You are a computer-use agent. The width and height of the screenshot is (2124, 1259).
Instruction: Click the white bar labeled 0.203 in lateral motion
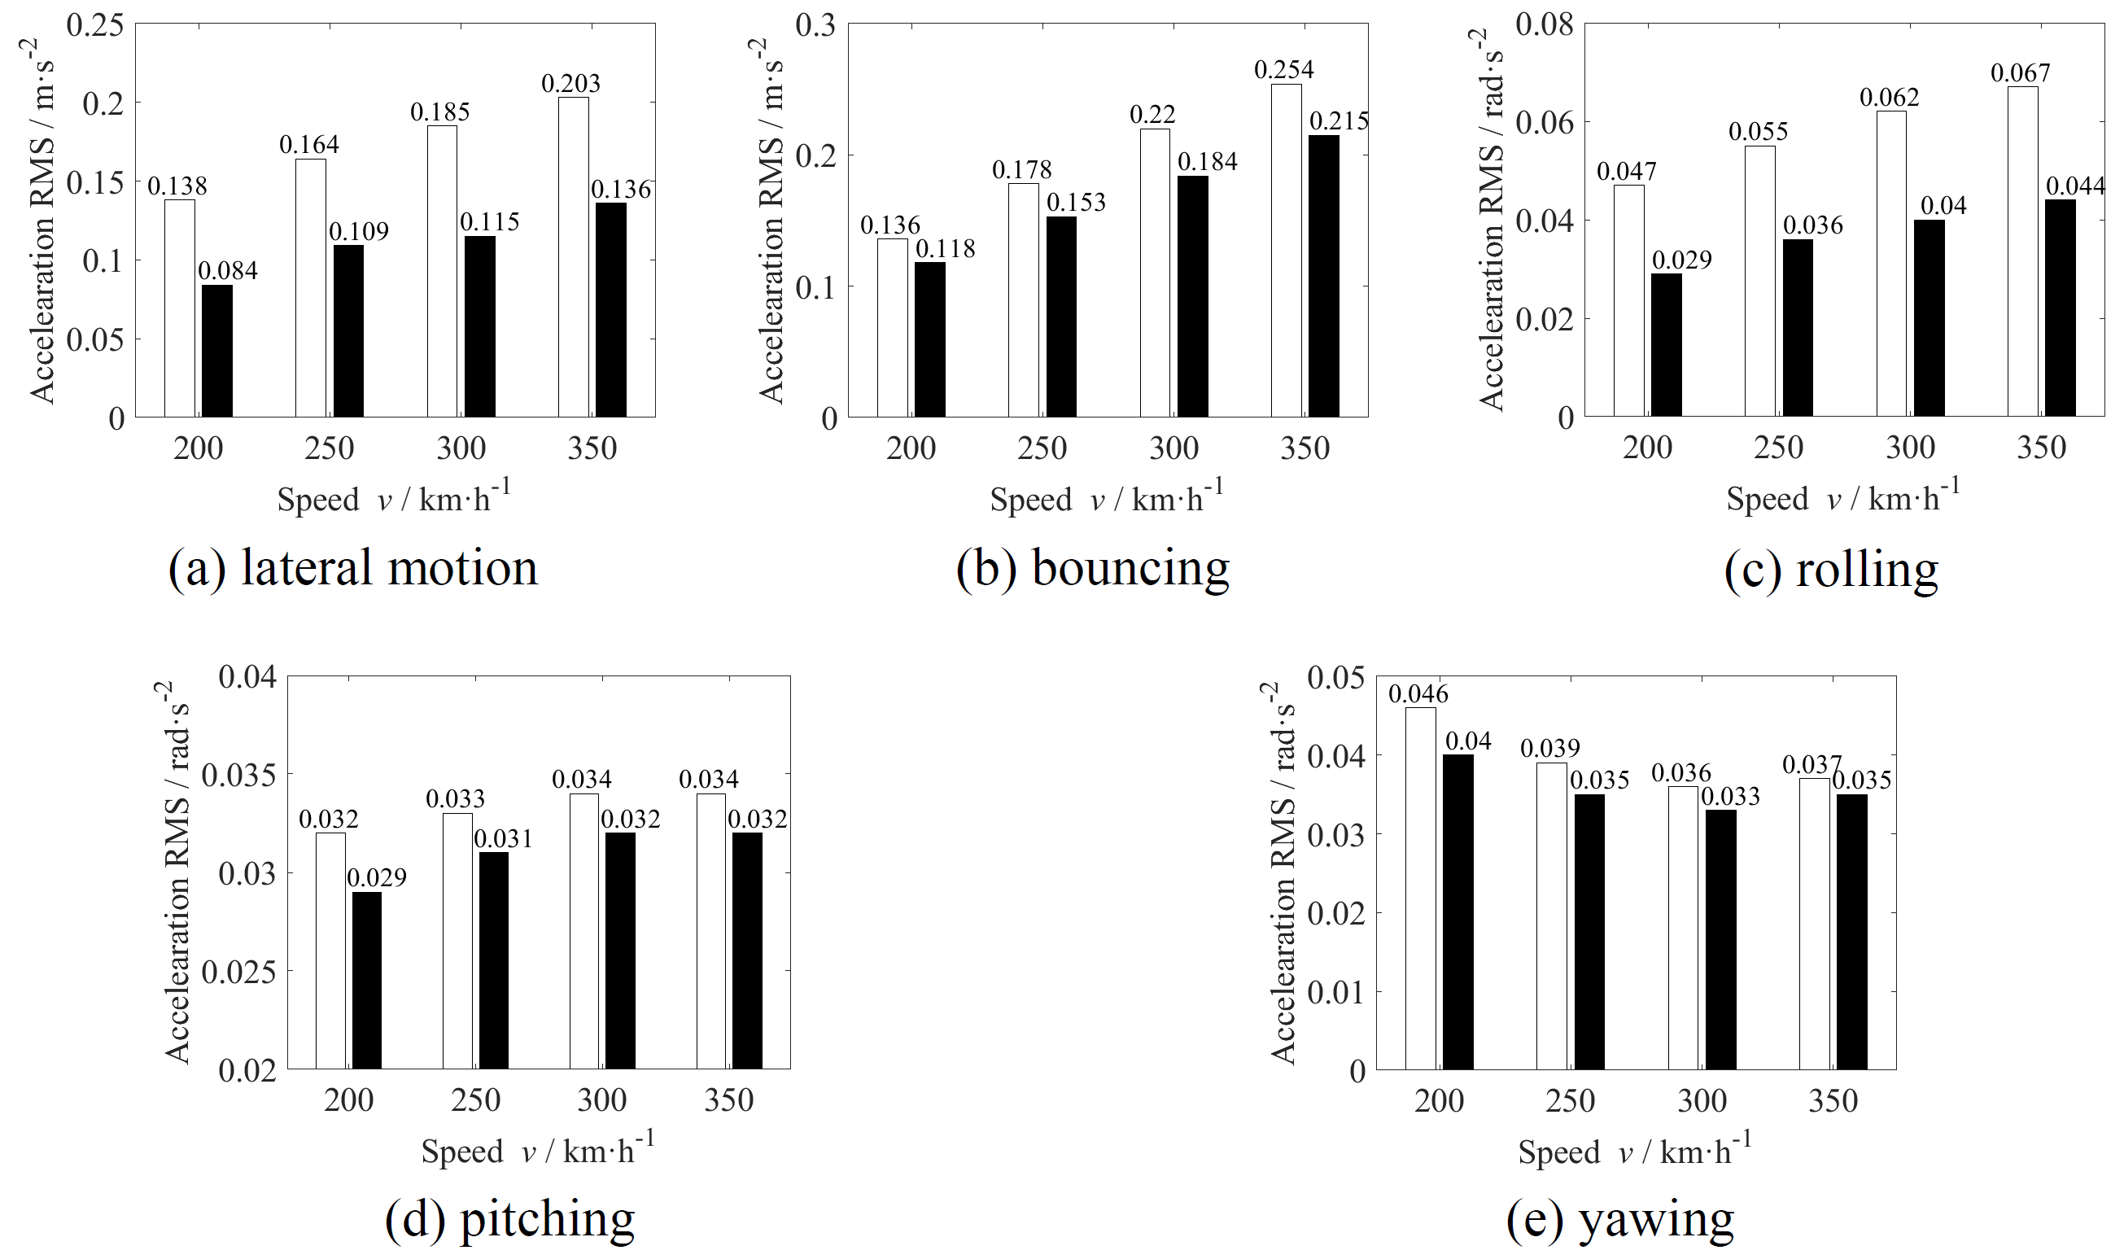[x=574, y=256]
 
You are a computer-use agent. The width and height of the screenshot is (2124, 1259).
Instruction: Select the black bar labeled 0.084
[x=217, y=351]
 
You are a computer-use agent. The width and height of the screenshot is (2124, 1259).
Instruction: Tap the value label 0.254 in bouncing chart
[x=1283, y=69]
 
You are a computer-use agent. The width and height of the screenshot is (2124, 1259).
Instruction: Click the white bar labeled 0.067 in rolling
[x=2022, y=251]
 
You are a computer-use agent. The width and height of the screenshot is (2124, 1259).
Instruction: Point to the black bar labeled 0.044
[x=2060, y=307]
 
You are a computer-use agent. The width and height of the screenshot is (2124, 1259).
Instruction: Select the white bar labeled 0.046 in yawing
[x=1420, y=887]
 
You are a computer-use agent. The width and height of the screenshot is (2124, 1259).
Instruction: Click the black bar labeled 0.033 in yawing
[x=1720, y=939]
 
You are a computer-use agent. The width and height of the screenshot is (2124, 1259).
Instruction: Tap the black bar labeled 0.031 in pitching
[x=494, y=960]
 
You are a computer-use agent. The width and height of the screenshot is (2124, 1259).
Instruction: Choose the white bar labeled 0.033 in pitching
[x=457, y=941]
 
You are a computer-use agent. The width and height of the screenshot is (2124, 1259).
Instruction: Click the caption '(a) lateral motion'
[x=353, y=567]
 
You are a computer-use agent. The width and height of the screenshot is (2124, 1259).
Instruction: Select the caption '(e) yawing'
[x=1619, y=1219]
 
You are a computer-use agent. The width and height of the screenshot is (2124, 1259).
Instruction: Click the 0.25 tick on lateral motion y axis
[x=95, y=25]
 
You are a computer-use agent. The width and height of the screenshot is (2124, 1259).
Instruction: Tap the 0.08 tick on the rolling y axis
[x=1544, y=25]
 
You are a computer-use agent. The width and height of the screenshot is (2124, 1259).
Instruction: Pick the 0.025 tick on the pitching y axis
[x=238, y=972]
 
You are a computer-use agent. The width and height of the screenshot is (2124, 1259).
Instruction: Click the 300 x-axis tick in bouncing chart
[x=1173, y=448]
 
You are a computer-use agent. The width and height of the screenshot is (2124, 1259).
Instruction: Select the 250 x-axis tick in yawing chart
[x=1570, y=1100]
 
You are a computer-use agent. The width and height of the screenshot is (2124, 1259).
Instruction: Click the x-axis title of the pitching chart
[x=537, y=1151]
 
